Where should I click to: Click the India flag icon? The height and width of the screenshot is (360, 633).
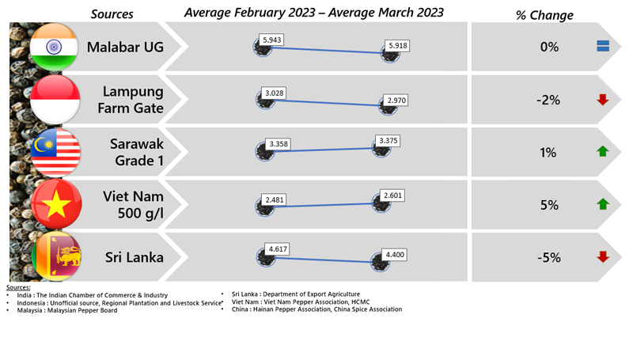[x=54, y=47]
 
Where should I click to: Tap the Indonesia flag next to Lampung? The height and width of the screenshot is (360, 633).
[x=55, y=100]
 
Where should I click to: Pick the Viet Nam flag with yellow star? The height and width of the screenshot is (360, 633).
[x=55, y=204]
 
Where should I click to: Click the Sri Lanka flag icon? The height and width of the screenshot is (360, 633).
[x=55, y=256]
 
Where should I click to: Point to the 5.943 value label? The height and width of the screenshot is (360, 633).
[x=272, y=40]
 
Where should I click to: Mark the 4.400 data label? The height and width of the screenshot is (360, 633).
[x=394, y=255]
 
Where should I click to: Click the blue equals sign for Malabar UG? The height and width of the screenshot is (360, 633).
[x=603, y=47]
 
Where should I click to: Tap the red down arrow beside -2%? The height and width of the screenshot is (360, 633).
[x=603, y=100]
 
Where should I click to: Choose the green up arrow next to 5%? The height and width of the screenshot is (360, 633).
[x=603, y=204]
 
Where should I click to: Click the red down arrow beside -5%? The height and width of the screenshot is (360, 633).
[x=603, y=256]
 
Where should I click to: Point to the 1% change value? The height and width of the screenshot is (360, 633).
[x=548, y=152]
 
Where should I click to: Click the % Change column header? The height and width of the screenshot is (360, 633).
[x=544, y=15]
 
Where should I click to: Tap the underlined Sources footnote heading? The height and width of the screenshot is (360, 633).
[x=18, y=287]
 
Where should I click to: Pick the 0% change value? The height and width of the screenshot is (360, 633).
[x=549, y=47]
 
